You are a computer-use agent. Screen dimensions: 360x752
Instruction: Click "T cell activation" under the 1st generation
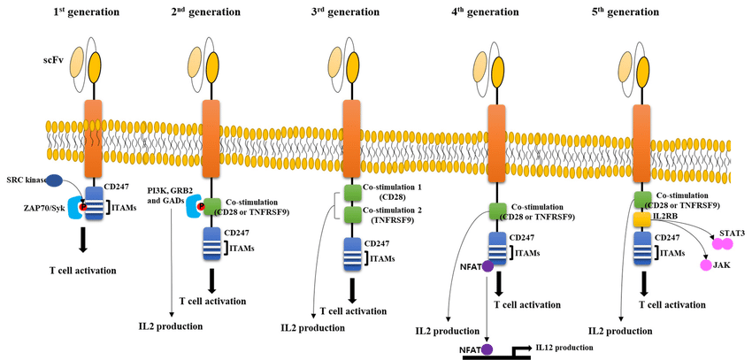(83, 271)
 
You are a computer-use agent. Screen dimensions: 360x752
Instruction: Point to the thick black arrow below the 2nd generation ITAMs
(212, 280)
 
